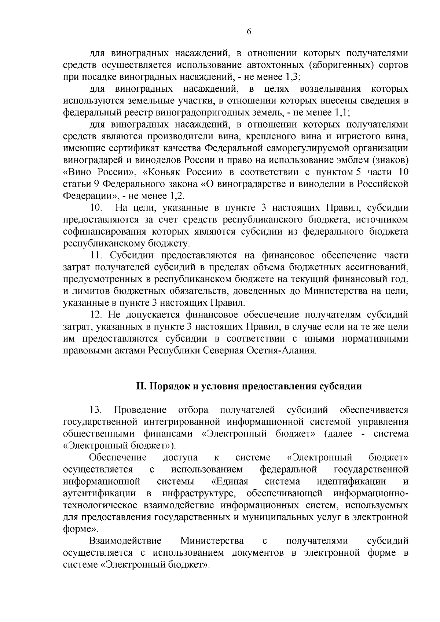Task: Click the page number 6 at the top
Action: (x=249, y=32)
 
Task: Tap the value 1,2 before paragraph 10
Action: (x=176, y=195)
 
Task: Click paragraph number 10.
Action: (x=96, y=208)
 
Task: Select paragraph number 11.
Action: (x=96, y=255)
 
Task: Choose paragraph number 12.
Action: (x=96, y=314)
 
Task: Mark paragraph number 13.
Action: (x=96, y=409)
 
